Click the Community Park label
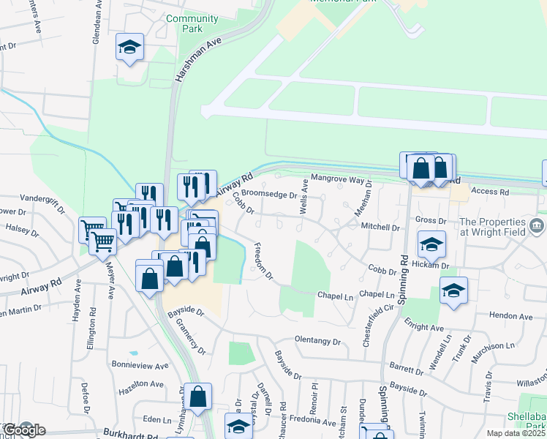click(192, 23)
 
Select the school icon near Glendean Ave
click(130, 48)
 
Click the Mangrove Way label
click(337, 179)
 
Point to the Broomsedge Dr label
click(270, 195)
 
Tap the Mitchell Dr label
click(381, 227)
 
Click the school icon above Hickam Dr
click(431, 244)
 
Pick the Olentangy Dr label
click(318, 341)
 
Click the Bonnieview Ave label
click(140, 364)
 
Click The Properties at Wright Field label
click(492, 227)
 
